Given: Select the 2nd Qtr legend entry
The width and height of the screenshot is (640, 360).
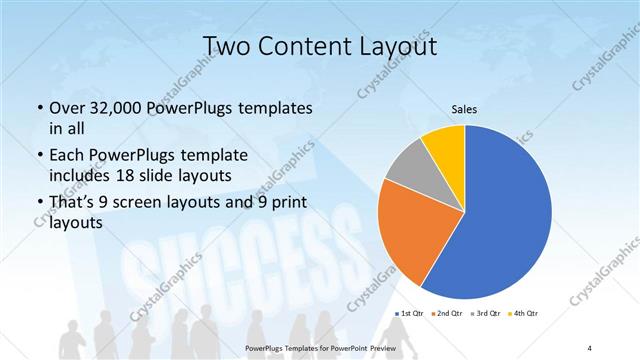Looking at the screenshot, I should tap(449, 313).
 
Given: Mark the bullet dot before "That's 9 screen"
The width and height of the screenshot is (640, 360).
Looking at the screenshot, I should tap(38, 204).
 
